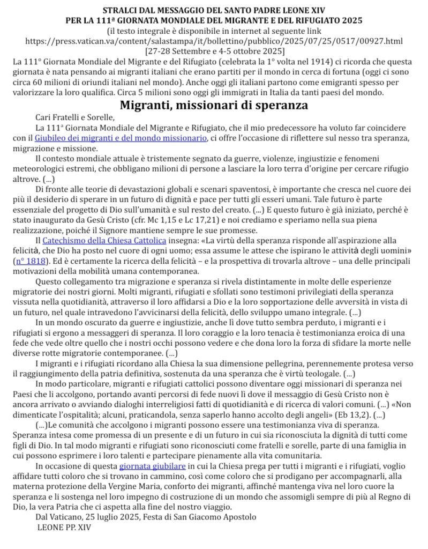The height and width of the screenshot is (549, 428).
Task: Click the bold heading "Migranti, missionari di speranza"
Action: (x=213, y=105)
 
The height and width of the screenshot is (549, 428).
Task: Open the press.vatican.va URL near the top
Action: (x=214, y=41)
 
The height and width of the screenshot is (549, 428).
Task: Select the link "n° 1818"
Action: (x=31, y=261)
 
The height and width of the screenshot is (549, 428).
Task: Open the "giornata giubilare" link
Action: (x=153, y=466)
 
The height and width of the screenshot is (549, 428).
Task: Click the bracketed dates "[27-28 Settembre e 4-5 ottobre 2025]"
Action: (x=214, y=51)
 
